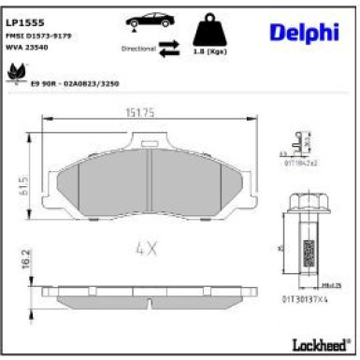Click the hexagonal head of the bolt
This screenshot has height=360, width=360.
coord(307,202)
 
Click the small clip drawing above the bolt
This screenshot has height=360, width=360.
coord(298,143)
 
